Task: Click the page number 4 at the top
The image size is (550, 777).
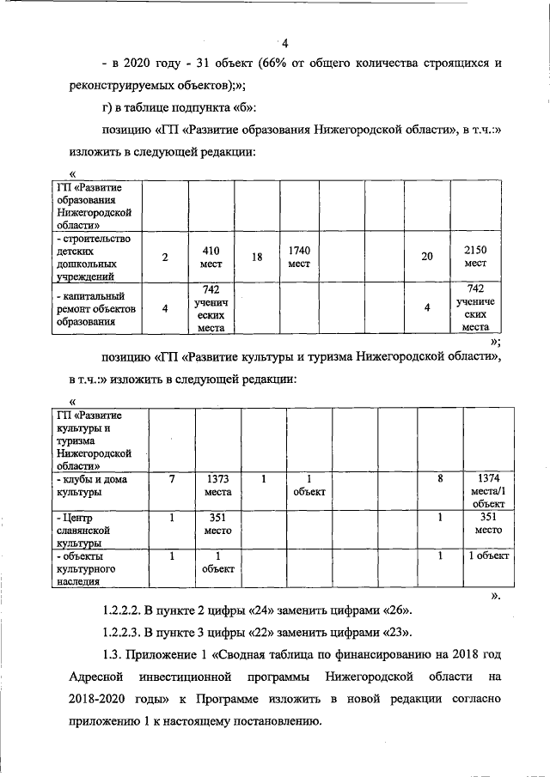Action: [x=284, y=45]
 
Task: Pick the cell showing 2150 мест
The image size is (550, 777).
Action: [x=476, y=256]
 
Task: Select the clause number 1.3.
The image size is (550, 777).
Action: [x=113, y=655]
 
